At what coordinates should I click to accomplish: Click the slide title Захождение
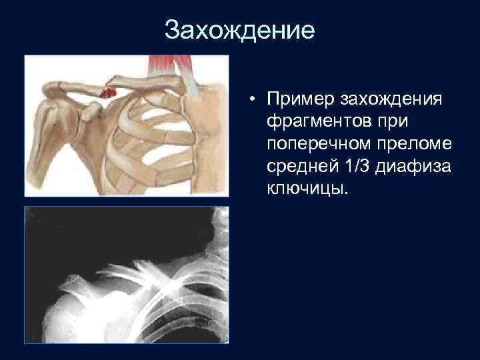[x=239, y=31]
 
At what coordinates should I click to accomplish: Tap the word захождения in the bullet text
[x=391, y=100]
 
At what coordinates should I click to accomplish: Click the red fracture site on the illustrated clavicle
[x=107, y=91]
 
